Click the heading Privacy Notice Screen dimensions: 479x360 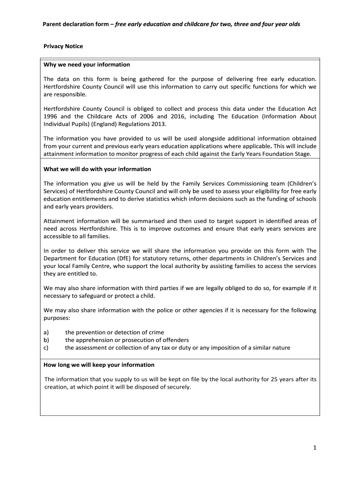tap(63, 46)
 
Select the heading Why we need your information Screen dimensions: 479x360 tap(86, 65)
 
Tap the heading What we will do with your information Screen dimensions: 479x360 tap(97, 169)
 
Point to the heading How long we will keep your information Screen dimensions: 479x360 tap(99, 364)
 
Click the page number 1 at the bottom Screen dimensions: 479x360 tap(315, 448)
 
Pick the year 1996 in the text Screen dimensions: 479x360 tap(51, 116)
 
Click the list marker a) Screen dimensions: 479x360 tap(46, 332)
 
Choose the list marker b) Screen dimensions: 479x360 tap(46, 340)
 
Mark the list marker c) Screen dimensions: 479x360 tap(46, 348)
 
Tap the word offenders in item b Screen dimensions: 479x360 tap(175, 340)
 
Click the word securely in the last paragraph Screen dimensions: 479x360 tap(179, 387)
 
